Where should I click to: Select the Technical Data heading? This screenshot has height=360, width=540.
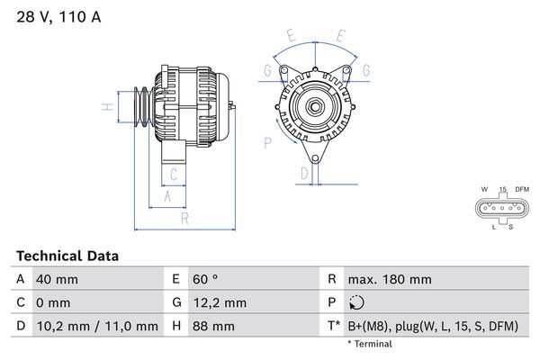[x=67, y=256]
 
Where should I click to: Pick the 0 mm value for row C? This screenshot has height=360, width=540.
[x=50, y=303]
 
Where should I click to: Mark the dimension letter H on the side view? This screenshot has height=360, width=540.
[x=106, y=108]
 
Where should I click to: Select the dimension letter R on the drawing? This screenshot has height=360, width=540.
[x=184, y=218]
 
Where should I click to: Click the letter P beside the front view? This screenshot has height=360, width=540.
[x=268, y=142]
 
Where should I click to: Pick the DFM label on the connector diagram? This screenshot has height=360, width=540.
[x=521, y=189]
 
